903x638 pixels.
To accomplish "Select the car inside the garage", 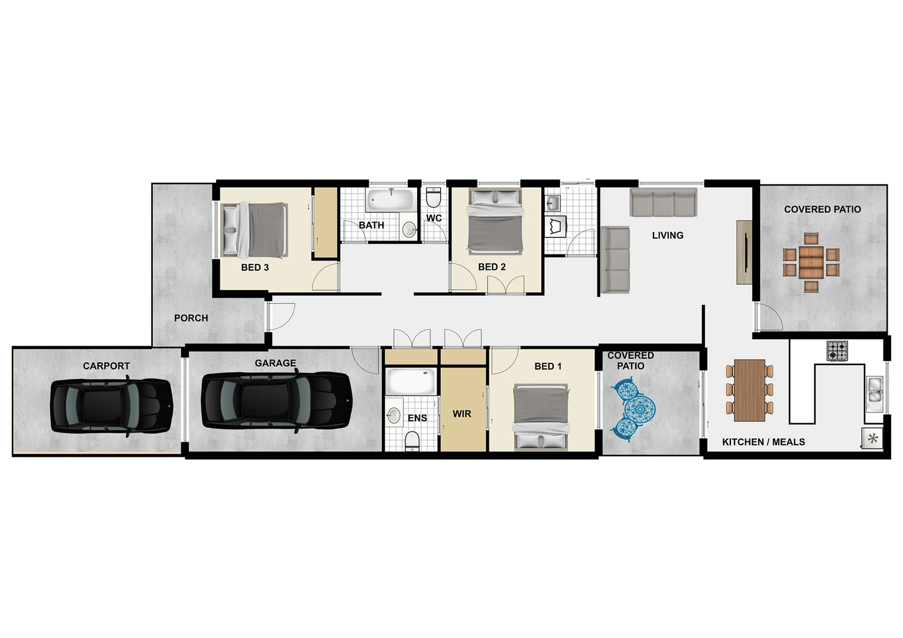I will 277,401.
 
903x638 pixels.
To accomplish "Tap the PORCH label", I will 191,318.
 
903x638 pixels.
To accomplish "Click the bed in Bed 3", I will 254,229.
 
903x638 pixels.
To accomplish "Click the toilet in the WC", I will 433,198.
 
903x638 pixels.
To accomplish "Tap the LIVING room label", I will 668,235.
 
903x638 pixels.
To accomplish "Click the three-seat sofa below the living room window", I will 664,202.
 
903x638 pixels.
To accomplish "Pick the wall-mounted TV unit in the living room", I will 744,252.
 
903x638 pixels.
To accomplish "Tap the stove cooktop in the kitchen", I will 837,351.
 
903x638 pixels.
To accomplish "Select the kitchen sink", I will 874,394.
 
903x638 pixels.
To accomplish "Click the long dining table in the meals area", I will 749,390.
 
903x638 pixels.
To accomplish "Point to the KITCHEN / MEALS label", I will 764,442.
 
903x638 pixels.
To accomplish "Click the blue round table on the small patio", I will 641,408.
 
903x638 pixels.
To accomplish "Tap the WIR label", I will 462,414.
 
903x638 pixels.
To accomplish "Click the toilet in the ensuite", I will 412,440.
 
